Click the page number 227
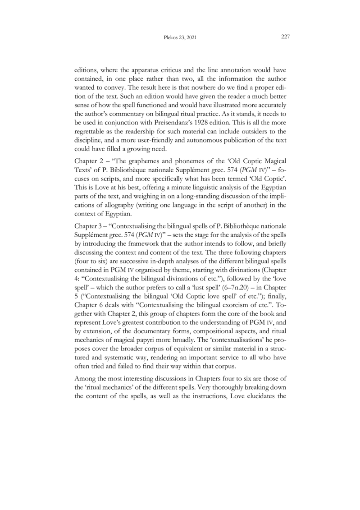tap(285, 37)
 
